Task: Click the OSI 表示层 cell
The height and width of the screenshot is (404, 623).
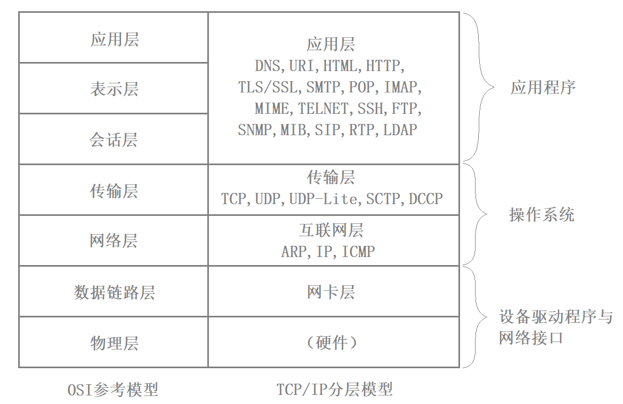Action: pyautogui.click(x=114, y=88)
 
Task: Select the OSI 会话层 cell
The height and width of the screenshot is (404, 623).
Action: pyautogui.click(x=114, y=139)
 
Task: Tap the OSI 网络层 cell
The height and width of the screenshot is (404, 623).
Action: pyautogui.click(x=114, y=241)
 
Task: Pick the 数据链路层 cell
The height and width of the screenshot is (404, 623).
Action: pyautogui.click(x=114, y=292)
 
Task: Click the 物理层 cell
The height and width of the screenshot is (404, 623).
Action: pyautogui.click(x=114, y=343)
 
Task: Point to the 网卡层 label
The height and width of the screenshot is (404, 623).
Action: pyautogui.click(x=331, y=292)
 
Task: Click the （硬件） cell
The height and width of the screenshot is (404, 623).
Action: pyautogui.click(x=331, y=343)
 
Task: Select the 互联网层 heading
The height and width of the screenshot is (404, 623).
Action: pyautogui.click(x=331, y=230)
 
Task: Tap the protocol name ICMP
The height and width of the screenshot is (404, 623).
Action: pyautogui.click(x=358, y=251)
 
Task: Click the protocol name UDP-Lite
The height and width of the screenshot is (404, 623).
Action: pyautogui.click(x=323, y=199)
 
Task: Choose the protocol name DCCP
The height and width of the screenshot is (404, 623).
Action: pyautogui.click(x=426, y=199)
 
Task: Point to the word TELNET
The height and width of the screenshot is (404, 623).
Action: pyautogui.click(x=323, y=109)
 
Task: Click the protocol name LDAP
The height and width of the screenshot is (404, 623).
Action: pyautogui.click(x=400, y=130)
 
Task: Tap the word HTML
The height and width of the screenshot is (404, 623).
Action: pyautogui.click(x=341, y=66)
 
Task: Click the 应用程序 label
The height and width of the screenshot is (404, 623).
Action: pyautogui.click(x=543, y=88)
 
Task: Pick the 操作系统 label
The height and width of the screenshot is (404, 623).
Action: pyautogui.click(x=542, y=215)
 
